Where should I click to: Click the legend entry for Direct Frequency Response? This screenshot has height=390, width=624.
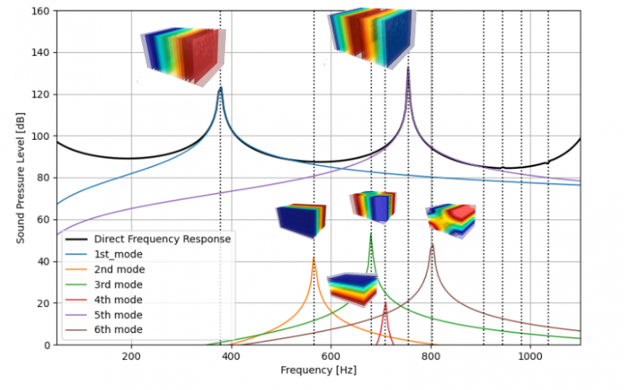(x=162, y=239)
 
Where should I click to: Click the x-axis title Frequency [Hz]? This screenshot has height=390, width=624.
(x=318, y=370)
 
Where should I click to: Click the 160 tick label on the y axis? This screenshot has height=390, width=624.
(x=39, y=11)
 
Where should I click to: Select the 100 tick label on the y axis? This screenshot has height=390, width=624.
(x=39, y=136)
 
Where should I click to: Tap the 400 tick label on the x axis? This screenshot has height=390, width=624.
(x=231, y=357)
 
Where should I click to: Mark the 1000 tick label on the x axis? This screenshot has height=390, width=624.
(x=531, y=357)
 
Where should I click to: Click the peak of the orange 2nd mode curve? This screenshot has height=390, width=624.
(x=314, y=258)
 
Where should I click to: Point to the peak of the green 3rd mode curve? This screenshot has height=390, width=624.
(x=370, y=235)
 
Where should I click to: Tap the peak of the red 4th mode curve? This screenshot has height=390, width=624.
(x=385, y=303)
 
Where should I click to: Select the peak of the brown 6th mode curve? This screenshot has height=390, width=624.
(x=432, y=245)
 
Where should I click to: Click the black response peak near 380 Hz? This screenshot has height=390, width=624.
(x=220, y=88)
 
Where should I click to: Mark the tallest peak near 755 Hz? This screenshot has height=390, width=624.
(x=408, y=68)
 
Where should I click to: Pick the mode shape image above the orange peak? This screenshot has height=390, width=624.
(x=301, y=220)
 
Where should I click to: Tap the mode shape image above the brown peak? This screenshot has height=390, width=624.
(x=451, y=220)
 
